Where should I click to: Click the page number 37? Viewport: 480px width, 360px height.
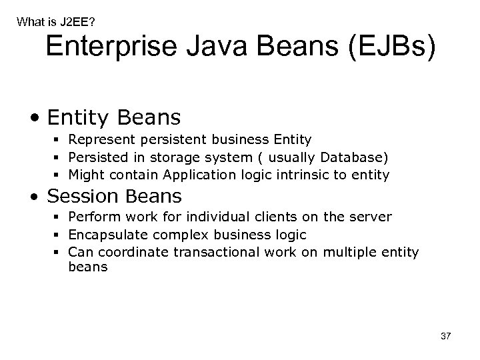[x=445, y=337]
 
